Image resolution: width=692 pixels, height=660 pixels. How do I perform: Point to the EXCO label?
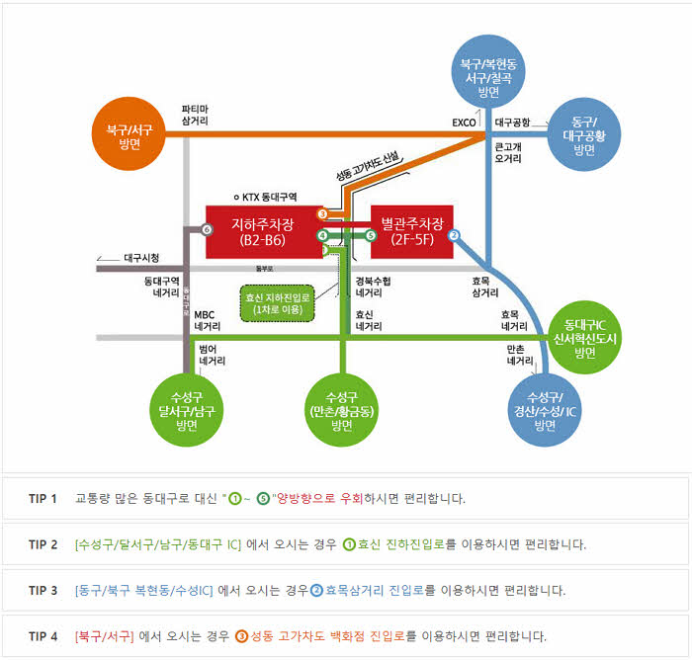pyautogui.click(x=464, y=124)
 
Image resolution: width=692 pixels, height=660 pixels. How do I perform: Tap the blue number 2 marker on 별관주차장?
pyautogui.click(x=454, y=235)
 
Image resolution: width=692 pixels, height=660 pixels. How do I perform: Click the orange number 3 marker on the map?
pyautogui.click(x=322, y=213)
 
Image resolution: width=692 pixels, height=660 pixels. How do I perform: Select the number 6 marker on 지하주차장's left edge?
pyautogui.click(x=207, y=229)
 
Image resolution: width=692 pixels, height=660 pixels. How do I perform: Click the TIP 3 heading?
pyautogui.click(x=43, y=590)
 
